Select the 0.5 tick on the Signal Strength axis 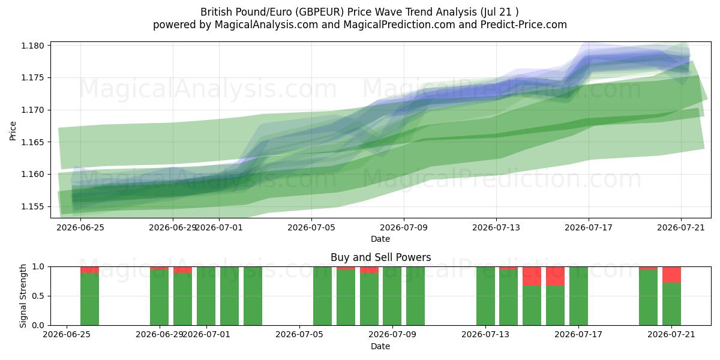point(38,296)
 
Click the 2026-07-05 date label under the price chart point(311,227)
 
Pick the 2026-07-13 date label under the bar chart point(485,334)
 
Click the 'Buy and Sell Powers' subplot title point(380,257)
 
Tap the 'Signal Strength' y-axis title point(23,296)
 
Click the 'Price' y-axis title point(13,131)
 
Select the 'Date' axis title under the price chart point(380,239)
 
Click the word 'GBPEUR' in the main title point(320,12)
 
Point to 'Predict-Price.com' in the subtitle point(524,25)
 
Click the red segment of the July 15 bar point(532,276)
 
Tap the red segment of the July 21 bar point(671,275)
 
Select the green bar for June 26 point(89,299)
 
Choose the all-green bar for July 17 point(578,296)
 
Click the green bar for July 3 point(253,296)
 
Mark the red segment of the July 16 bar point(555,276)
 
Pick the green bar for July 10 point(415,296)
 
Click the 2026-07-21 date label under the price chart point(681,227)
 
